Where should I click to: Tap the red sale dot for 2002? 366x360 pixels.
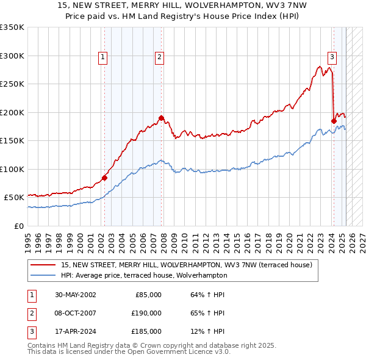point(104,178)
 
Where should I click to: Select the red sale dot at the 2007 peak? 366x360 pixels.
point(162,118)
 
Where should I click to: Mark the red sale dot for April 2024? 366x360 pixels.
point(334,121)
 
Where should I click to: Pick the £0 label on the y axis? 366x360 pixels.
point(18,226)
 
